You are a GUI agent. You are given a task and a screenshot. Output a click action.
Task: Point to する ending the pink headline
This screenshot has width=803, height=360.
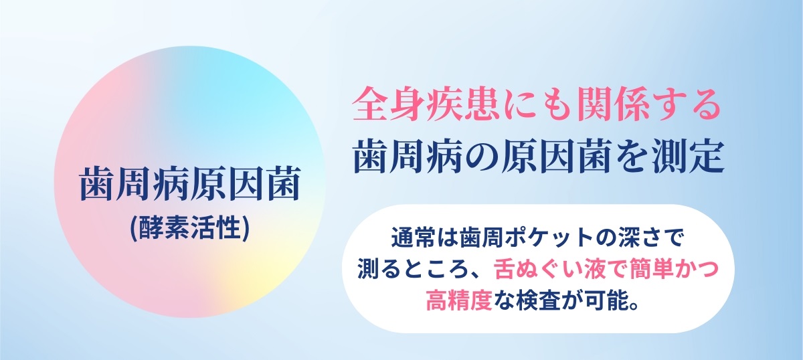pyautogui.click(x=685, y=104)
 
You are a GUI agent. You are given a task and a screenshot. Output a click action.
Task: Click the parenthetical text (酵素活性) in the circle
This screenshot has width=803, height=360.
pyautogui.click(x=189, y=228)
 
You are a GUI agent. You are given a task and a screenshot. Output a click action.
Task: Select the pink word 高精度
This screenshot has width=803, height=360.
pyautogui.click(x=459, y=301)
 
